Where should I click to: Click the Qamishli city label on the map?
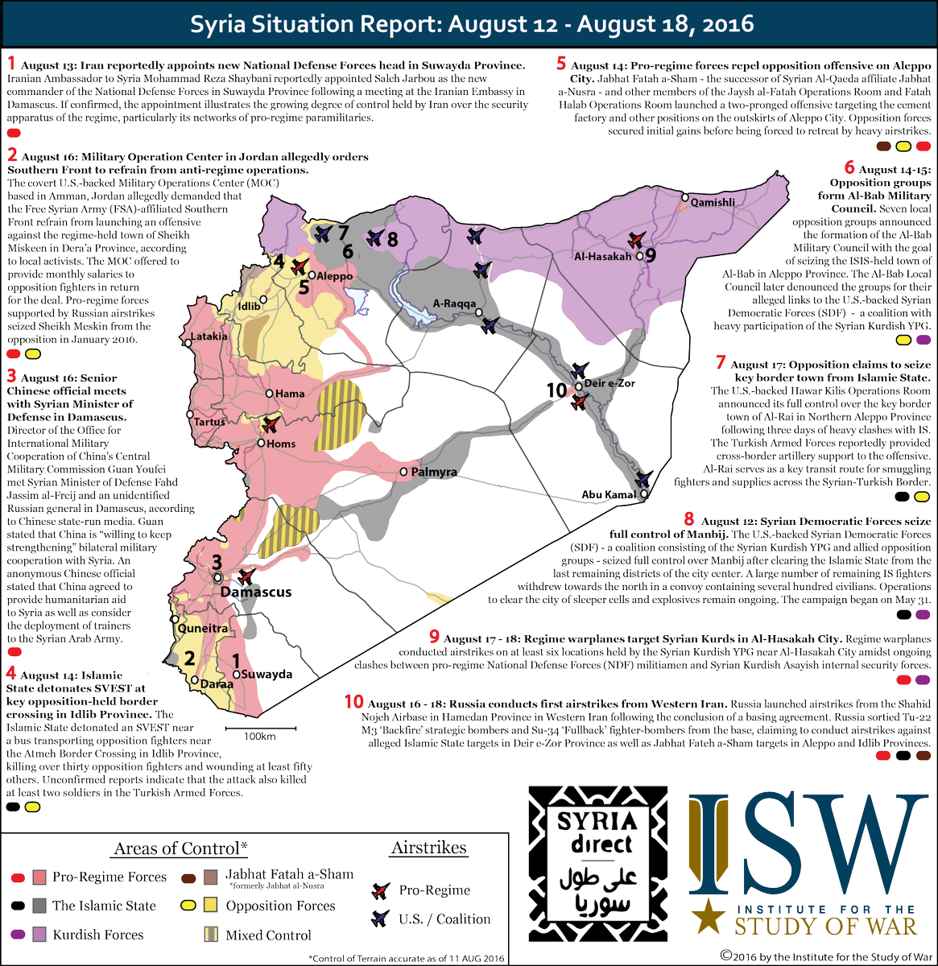[713, 203]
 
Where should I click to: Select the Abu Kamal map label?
[609, 495]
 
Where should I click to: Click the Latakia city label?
[209, 336]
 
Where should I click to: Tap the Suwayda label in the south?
[267, 675]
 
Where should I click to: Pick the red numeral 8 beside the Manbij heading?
[689, 520]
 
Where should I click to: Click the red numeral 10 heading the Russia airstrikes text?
[353, 702]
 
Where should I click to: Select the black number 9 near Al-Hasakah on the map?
[651, 255]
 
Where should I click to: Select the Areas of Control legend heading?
[180, 848]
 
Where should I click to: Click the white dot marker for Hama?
[270, 394]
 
